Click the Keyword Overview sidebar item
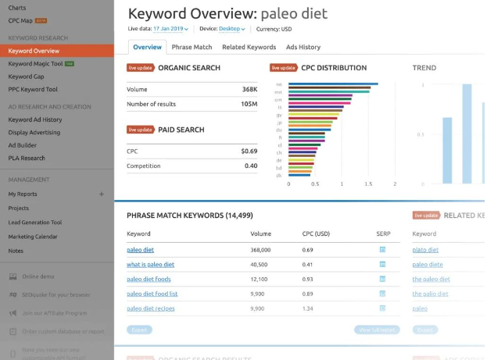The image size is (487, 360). [35, 52]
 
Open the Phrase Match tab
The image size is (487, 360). [192, 48]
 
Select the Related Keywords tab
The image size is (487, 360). [249, 48]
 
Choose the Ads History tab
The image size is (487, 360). [303, 48]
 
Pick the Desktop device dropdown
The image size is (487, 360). [231, 29]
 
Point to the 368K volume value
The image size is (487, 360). [249, 89]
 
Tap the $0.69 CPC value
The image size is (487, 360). [249, 151]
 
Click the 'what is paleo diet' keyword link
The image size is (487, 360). [150, 265]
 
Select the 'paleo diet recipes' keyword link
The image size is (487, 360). [151, 308]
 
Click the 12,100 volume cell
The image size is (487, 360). [260, 280]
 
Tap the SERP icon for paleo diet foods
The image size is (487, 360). [382, 280]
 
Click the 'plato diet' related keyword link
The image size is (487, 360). [425, 250]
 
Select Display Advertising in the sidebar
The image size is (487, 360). [34, 132]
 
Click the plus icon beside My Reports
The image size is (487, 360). [102, 194]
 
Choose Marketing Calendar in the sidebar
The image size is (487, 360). [33, 237]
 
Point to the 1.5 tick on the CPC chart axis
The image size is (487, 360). [368, 184]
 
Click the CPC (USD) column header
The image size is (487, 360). [316, 233]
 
